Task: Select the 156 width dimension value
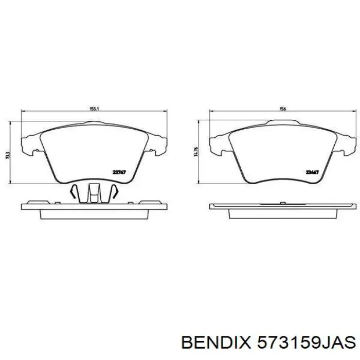coord(282,109)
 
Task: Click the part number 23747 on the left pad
coord(119,172)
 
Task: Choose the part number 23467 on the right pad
coord(312,172)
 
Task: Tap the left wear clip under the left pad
coord(75,192)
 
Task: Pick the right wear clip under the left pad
coord(115,192)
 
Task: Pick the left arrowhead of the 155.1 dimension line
coord(23,113)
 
